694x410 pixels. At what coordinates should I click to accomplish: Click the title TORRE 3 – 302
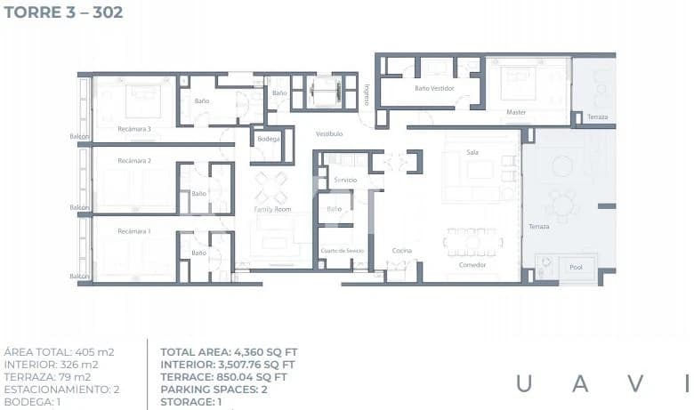click(63, 12)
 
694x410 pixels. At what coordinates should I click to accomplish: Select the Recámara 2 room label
click(135, 161)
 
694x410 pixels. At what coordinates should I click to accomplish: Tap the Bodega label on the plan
click(269, 140)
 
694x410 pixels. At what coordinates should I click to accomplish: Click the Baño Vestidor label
click(434, 89)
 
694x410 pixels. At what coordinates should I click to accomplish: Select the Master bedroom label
click(516, 113)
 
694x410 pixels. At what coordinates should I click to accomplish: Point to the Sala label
click(472, 152)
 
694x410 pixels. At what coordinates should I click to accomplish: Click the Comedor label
click(472, 264)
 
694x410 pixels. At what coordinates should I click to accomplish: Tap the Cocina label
click(402, 251)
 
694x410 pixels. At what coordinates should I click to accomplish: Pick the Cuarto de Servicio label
click(343, 252)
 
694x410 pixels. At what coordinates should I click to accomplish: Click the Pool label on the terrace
click(576, 266)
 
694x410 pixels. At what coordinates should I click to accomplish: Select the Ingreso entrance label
click(367, 93)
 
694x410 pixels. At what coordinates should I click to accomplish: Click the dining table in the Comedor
click(472, 241)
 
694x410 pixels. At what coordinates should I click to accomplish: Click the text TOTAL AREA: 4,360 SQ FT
click(229, 352)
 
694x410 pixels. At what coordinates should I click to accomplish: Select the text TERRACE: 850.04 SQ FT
click(224, 377)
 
